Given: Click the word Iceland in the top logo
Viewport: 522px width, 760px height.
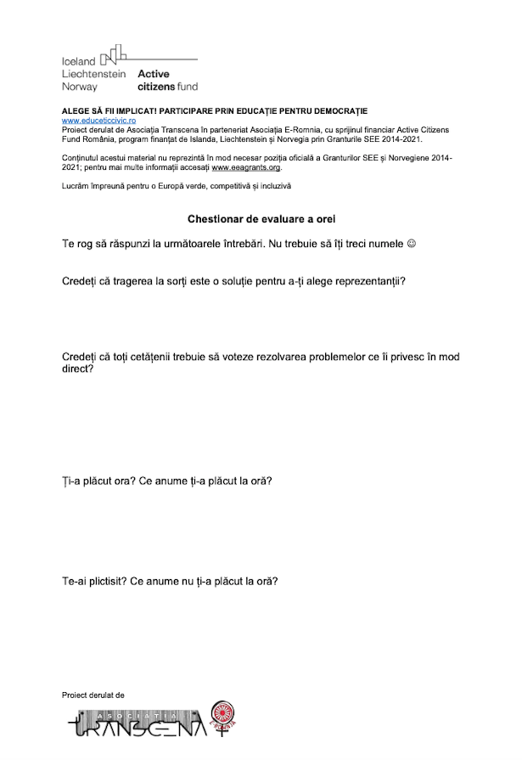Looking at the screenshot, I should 79,62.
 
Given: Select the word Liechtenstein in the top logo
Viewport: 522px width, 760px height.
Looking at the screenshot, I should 93,74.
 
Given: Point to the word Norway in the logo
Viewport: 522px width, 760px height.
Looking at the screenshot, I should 80,87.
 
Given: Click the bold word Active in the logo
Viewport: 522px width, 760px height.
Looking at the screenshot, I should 154,74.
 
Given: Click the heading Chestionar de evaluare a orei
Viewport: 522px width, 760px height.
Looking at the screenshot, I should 261,218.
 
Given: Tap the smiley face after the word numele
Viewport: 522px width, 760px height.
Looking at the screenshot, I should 413,244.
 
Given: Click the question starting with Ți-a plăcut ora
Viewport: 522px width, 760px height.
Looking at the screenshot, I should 166,481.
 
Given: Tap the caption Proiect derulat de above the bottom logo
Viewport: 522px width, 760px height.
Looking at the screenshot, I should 93,695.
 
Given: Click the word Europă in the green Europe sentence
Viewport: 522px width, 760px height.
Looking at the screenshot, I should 170,185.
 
